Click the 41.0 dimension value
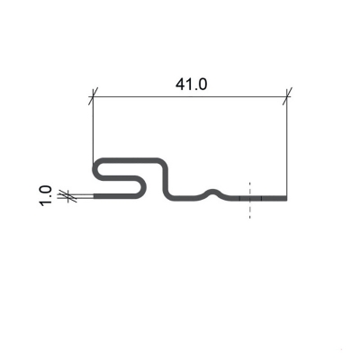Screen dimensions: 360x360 (191, 85)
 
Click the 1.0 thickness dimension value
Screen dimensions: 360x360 (46, 196)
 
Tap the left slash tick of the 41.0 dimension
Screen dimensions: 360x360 (94, 96)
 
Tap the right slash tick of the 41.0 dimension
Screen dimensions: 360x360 (287, 96)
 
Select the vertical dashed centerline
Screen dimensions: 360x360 (249, 200)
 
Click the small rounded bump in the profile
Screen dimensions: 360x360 (213, 193)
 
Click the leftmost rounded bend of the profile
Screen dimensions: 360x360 (95, 169)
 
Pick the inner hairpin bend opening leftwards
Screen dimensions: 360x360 (143, 188)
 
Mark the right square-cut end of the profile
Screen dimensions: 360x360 (286, 198)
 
